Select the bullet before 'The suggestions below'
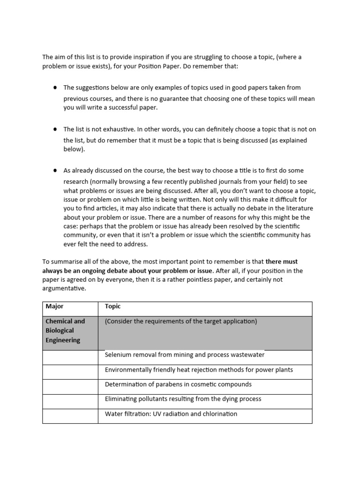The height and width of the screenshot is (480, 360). click(x=55, y=87)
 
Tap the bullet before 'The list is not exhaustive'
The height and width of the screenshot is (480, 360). click(x=55, y=129)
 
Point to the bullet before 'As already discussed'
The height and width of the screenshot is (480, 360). click(x=55, y=171)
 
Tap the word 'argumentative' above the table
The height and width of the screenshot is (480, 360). click(x=64, y=289)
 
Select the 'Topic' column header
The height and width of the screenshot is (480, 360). click(x=112, y=307)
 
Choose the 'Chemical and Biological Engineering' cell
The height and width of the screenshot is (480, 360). click(x=65, y=331)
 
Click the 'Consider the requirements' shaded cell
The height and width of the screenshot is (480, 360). click(x=181, y=322)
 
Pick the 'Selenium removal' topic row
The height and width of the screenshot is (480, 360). click(x=185, y=355)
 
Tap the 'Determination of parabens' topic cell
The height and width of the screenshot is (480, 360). click(x=178, y=384)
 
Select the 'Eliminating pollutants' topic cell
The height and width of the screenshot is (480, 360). click(x=183, y=399)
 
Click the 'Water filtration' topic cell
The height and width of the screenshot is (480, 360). click(x=171, y=414)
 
